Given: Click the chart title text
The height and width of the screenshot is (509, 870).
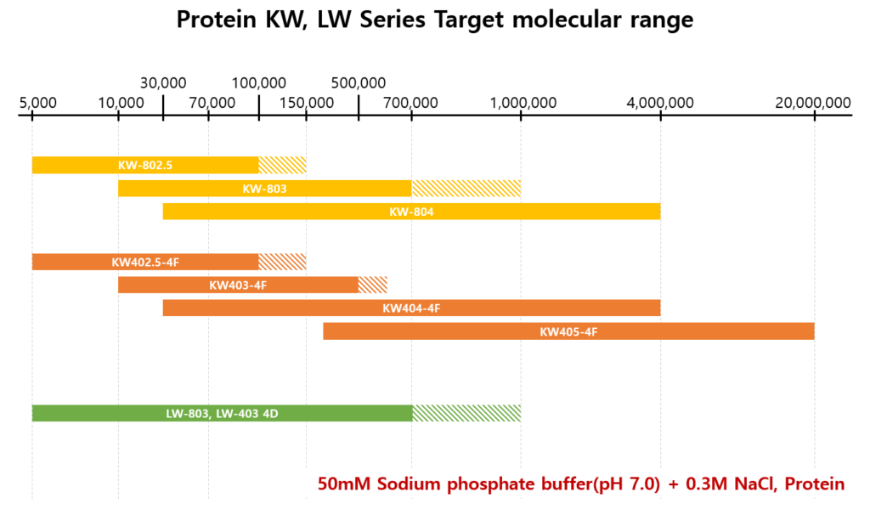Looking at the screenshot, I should pos(434,20).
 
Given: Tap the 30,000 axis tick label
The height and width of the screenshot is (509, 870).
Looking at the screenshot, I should pos(163,83).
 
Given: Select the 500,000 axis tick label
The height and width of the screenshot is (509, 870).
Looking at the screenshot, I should pos(359,83).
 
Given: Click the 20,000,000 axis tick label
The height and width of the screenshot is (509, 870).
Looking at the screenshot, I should pos(812,103).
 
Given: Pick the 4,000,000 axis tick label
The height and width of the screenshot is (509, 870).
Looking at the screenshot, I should pos(660,103).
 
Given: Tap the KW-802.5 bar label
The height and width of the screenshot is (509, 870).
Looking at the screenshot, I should pos(145,166).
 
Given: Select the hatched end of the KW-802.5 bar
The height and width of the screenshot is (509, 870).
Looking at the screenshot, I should pos(282,166).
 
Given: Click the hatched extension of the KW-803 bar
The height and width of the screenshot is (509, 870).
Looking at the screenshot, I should pos(466,189).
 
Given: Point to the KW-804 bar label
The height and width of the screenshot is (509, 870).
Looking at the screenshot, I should pos(411,212).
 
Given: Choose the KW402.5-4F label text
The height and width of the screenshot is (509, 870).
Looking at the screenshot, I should pos(145,262).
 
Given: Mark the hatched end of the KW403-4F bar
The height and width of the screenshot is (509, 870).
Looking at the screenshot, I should pos(372,285).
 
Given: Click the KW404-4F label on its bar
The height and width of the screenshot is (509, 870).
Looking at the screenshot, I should pos(411,308).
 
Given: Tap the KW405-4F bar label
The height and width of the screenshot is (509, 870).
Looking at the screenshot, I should pos(568,331).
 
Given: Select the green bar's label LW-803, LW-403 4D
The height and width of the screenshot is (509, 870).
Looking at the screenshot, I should pos(223,413).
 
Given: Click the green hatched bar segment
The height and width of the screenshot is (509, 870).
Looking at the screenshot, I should pos(466,413).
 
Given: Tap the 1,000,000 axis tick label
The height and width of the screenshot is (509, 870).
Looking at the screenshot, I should pos(523,103).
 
